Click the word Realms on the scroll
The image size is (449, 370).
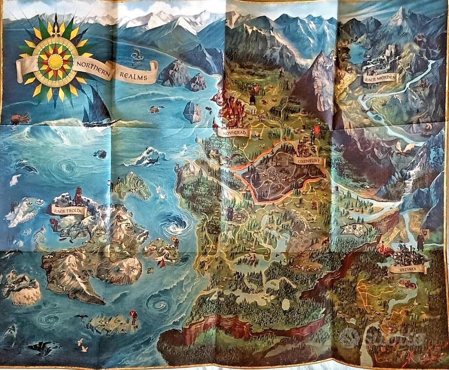136,77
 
